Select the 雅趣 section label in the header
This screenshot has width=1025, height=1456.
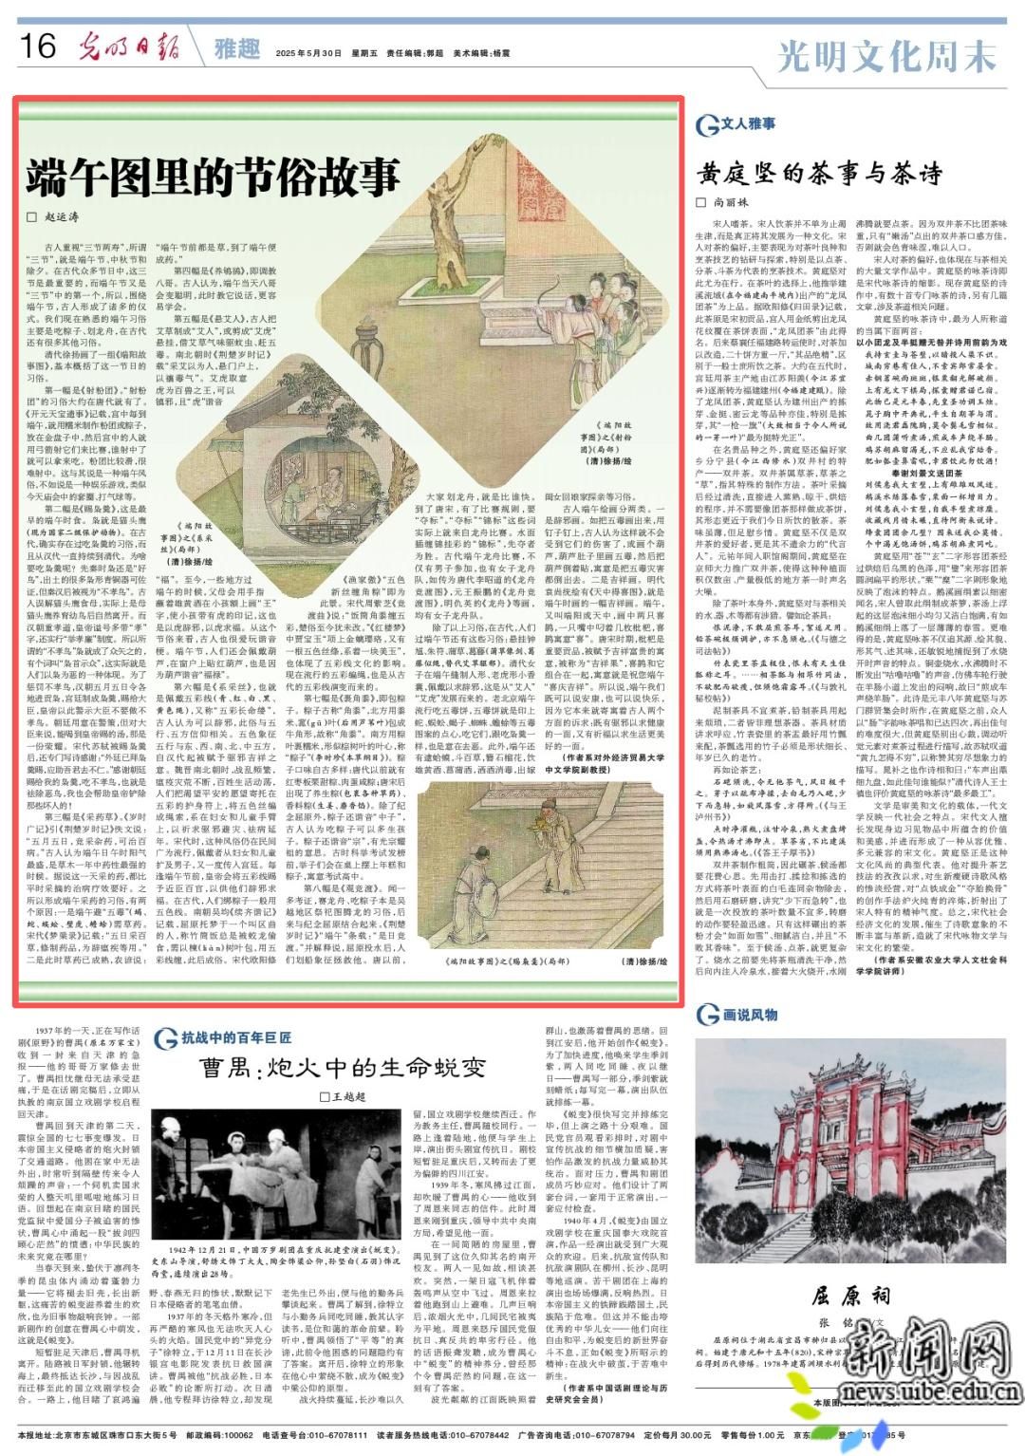[236, 48]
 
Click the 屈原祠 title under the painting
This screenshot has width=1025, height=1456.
[850, 1296]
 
